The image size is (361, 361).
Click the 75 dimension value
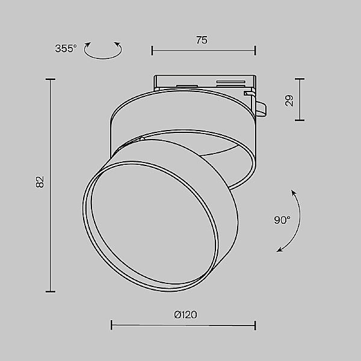[x=202, y=40]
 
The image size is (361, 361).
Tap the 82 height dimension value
[x=40, y=182]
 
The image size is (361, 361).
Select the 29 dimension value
[x=289, y=100]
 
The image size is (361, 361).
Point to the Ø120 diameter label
[x=185, y=315]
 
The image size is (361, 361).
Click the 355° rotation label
[x=66, y=49]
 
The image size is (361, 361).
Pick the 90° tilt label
[x=282, y=220]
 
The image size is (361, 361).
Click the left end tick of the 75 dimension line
[x=152, y=51]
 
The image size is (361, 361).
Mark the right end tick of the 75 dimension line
[x=255, y=51]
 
